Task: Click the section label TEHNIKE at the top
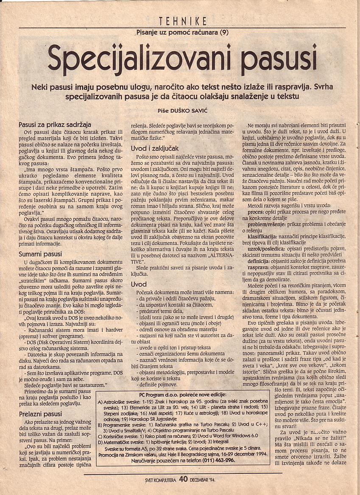(x=183, y=21)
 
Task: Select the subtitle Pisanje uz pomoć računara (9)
(x=183, y=33)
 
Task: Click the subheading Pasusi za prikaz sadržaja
(x=55, y=125)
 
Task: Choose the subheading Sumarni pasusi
(x=41, y=254)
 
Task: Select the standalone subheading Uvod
(x=139, y=284)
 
